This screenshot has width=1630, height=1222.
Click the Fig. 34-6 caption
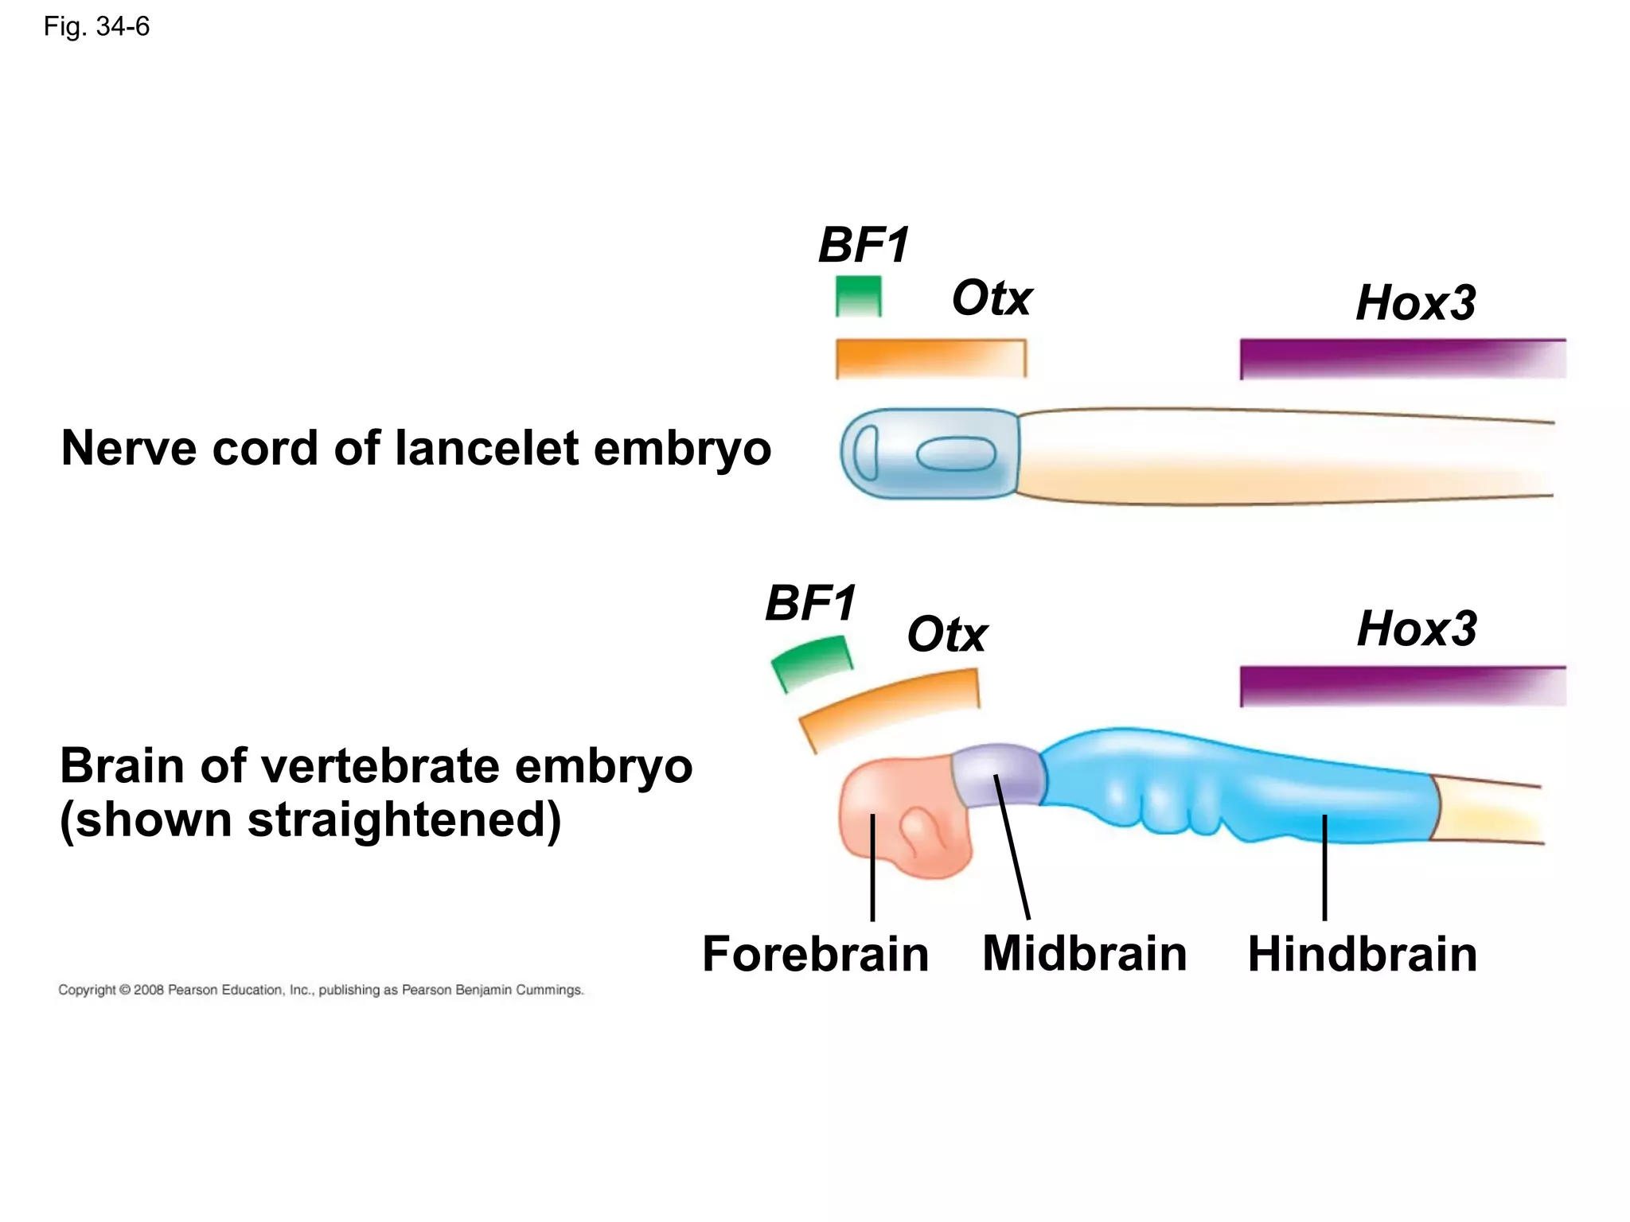pos(96,27)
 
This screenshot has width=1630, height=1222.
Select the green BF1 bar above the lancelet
pos(859,296)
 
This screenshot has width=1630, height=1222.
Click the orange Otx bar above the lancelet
pos(930,358)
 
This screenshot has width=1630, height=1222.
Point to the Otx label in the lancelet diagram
pos(992,298)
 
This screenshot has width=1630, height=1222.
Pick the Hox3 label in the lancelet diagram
pos(1415,303)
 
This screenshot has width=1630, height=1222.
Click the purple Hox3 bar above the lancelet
pos(1402,359)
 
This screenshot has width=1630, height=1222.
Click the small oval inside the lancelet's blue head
pos(956,454)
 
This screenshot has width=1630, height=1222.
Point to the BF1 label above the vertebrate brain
pos(810,603)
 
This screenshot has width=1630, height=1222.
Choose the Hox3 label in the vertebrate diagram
pos(1417,629)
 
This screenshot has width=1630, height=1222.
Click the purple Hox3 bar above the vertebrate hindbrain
pos(1402,686)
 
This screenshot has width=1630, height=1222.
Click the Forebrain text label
pos(815,954)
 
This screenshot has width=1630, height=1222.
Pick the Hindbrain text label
pos(1362,954)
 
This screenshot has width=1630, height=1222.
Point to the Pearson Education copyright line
pos(321,990)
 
